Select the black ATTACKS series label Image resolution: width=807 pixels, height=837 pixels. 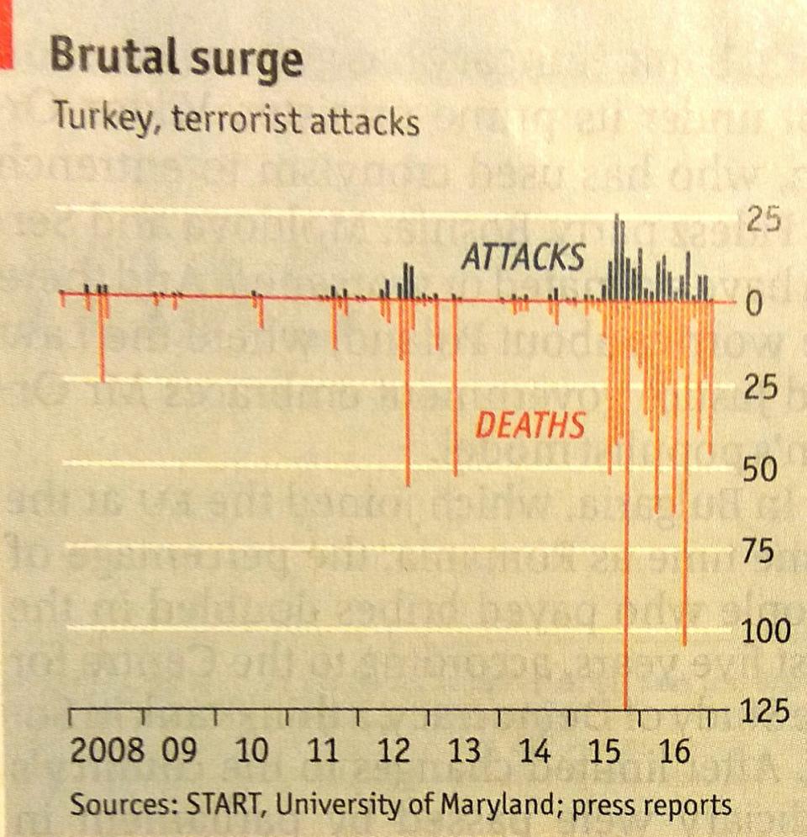523,258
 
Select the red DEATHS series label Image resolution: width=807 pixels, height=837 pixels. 530,426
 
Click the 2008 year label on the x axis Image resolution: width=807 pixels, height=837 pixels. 107,750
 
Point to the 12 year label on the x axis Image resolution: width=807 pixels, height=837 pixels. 394,750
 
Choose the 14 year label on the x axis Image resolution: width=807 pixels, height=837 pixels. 535,750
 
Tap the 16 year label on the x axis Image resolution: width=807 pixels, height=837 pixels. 674,750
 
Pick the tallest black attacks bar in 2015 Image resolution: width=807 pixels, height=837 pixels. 618,252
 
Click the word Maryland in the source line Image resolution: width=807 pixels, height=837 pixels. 498,805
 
